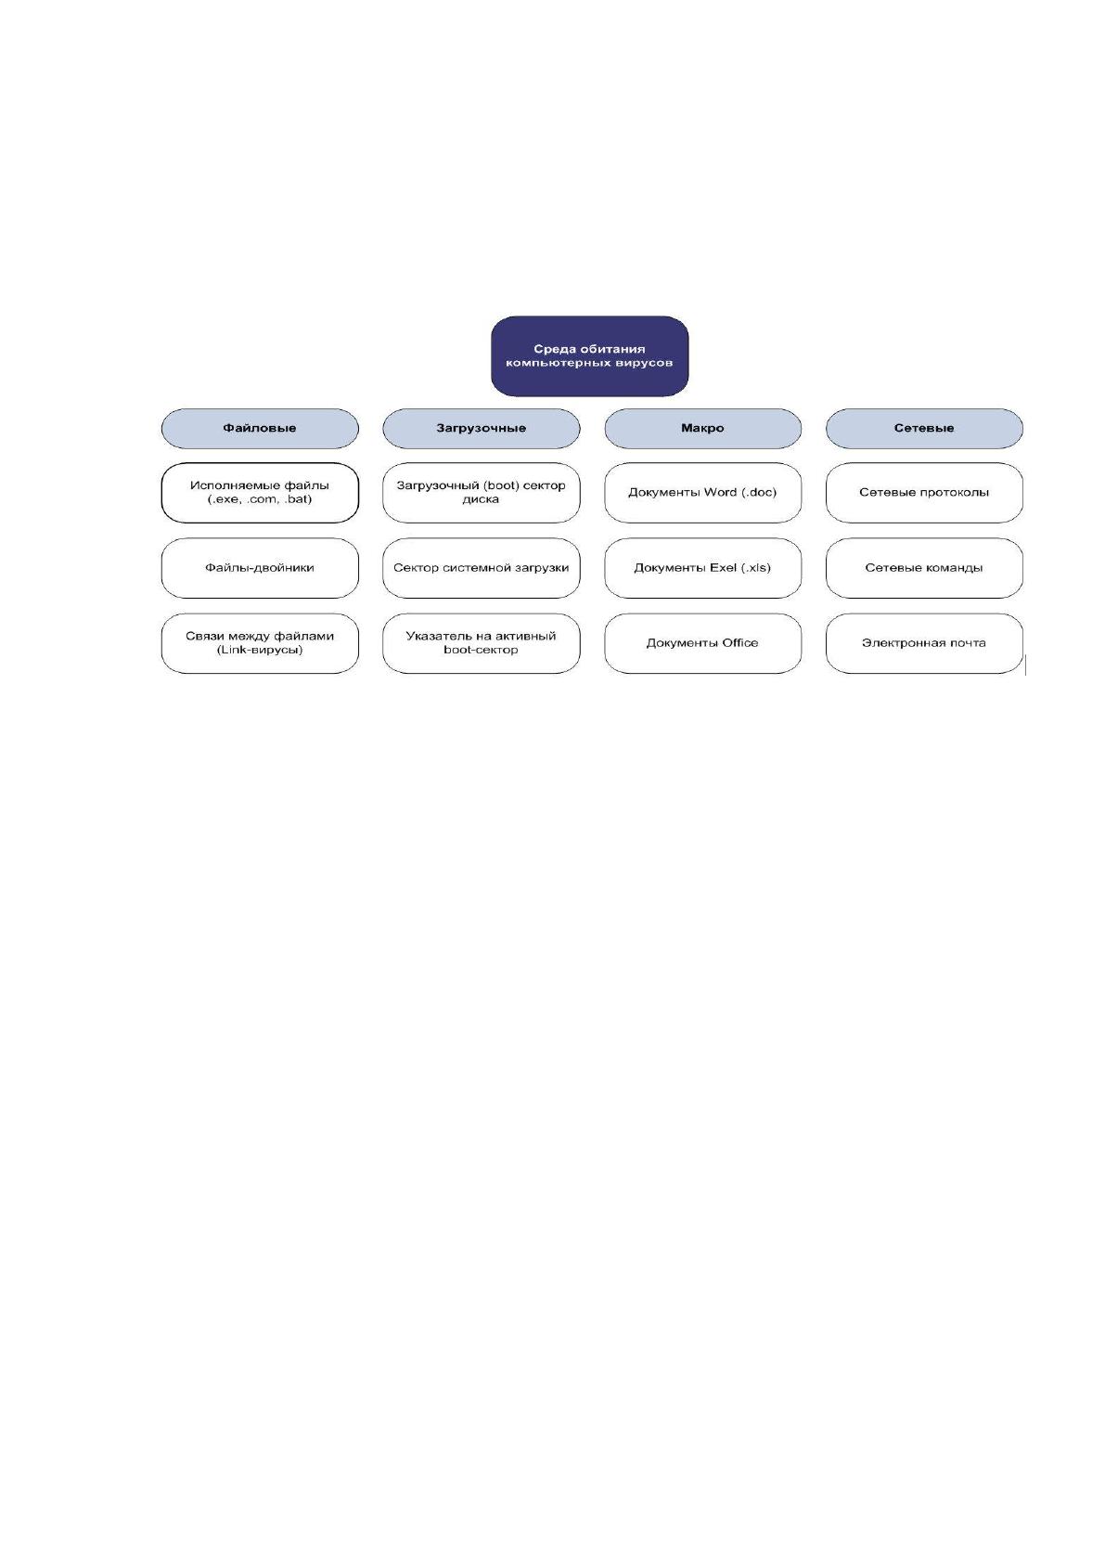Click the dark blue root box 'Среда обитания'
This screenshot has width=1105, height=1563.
[x=589, y=355]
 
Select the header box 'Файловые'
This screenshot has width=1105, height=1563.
[x=260, y=429]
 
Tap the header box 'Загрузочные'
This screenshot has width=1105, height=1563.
[x=482, y=429]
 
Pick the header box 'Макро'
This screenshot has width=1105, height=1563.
[x=702, y=429]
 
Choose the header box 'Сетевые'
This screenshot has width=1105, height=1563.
[x=924, y=429]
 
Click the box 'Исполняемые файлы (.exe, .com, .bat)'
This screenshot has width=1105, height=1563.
[x=260, y=493]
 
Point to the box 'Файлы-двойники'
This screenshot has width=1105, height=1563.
[x=260, y=568]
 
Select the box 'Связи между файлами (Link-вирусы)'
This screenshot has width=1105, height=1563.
[x=260, y=643]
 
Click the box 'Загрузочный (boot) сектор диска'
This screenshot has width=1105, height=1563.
[x=482, y=493]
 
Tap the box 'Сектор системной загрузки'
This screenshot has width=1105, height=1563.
[x=482, y=568]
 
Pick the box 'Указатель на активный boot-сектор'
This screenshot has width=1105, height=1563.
[x=482, y=643]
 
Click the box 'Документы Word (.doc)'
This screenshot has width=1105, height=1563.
[x=702, y=493]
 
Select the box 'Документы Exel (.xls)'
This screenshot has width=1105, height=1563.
[x=702, y=568]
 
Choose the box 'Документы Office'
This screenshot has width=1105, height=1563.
[x=702, y=643]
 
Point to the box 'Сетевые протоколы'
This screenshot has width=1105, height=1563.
[x=924, y=493]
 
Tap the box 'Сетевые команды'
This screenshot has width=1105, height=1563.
[x=924, y=568]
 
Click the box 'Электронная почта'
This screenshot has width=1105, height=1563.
[x=924, y=643]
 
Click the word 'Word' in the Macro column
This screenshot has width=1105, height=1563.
[x=720, y=492]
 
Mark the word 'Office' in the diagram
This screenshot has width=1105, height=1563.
[x=740, y=642]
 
